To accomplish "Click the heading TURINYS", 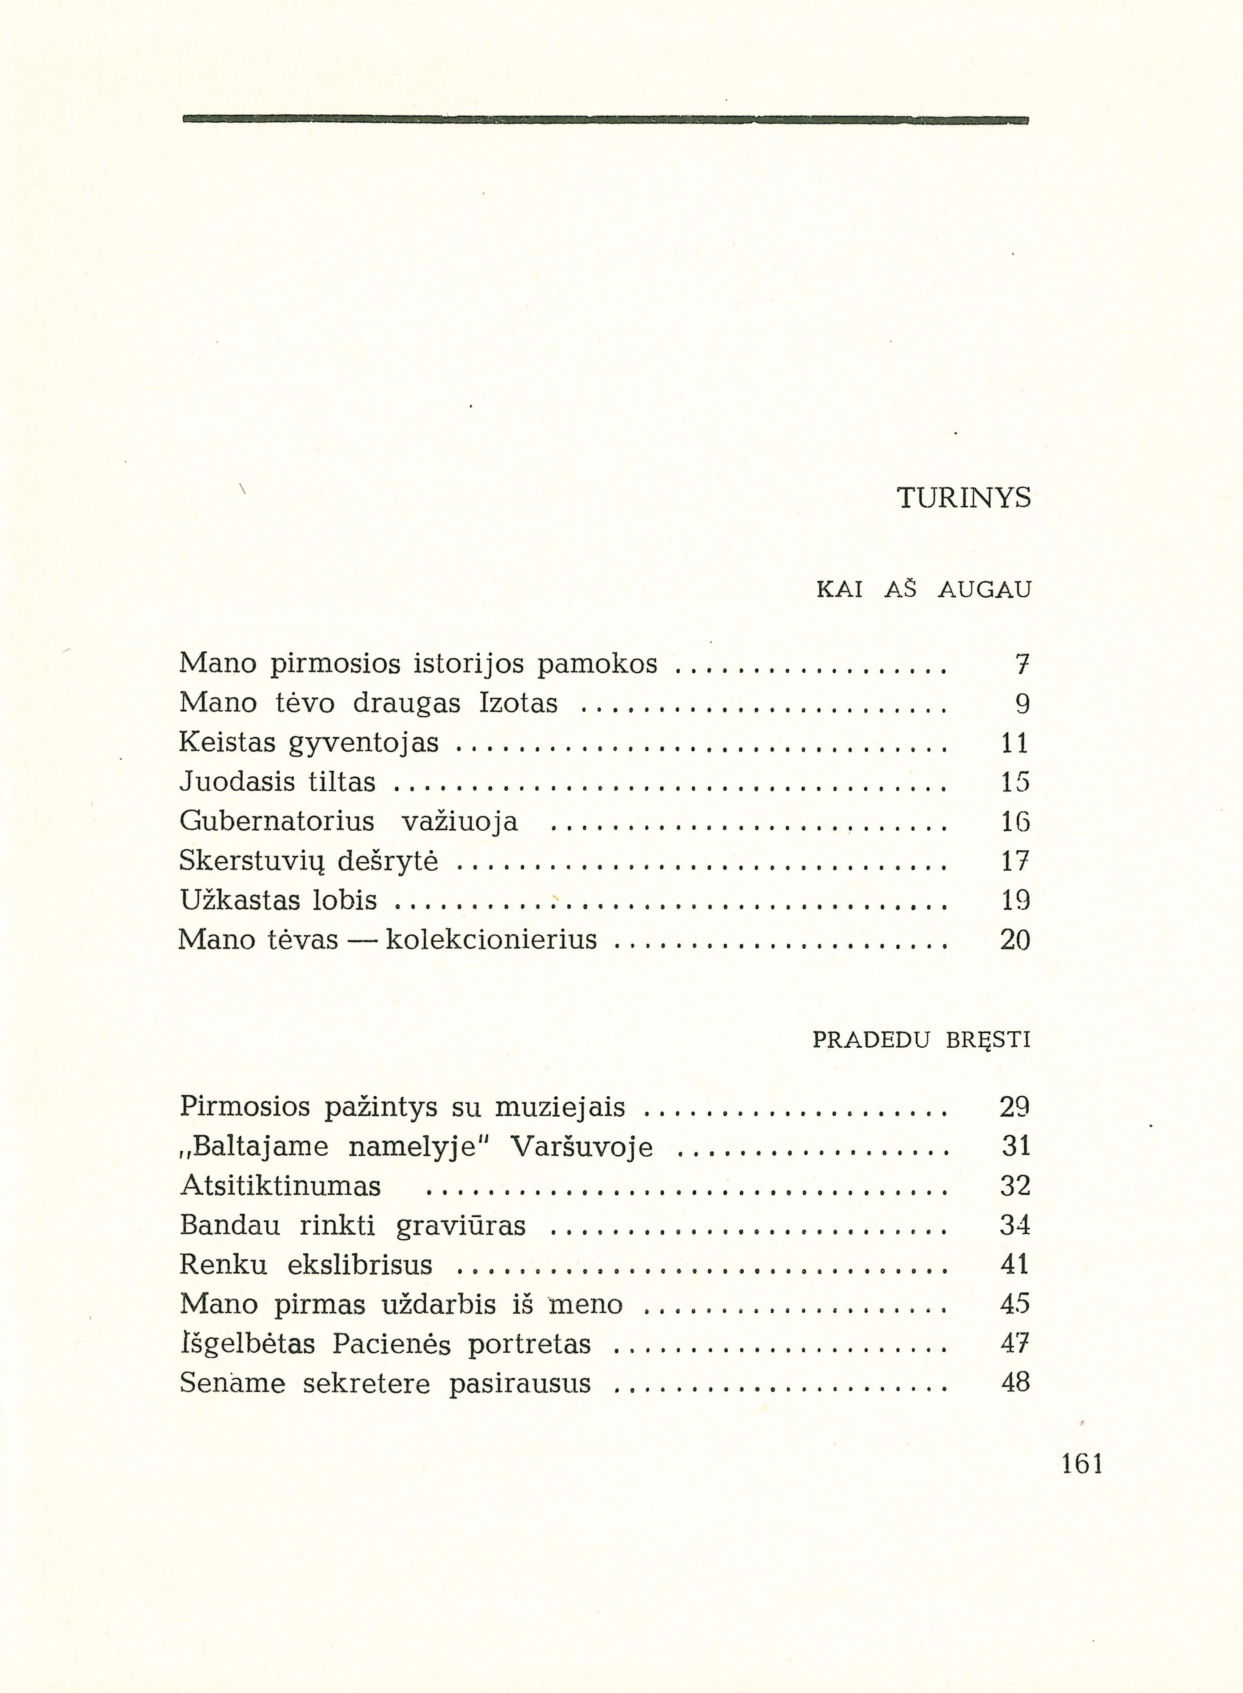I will click(x=965, y=498).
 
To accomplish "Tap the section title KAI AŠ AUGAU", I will click(x=923, y=591).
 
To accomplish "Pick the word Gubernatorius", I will click(x=277, y=821).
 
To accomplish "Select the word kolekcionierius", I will click(x=491, y=940).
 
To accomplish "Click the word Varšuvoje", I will click(x=581, y=1147).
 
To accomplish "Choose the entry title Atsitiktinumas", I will click(x=281, y=1186).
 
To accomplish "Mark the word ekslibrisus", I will click(x=361, y=1265).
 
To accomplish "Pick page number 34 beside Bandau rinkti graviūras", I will click(x=1014, y=1226).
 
